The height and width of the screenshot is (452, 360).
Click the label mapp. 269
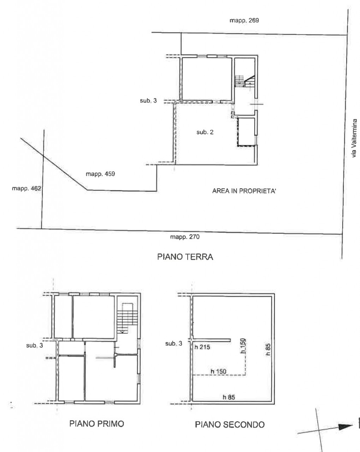tap(244, 20)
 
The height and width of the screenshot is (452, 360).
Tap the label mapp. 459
tap(100, 174)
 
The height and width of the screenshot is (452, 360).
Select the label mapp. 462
tap(26, 189)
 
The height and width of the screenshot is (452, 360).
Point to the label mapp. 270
tap(185, 237)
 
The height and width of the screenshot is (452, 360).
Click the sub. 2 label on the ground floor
tap(205, 132)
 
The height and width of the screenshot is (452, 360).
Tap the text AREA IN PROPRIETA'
tap(244, 191)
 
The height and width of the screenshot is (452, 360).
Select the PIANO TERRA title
tap(185, 257)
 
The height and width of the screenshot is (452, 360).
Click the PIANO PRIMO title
tap(97, 424)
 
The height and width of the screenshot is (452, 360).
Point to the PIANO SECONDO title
tap(230, 424)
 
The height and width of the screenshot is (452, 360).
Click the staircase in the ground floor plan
tap(245, 81)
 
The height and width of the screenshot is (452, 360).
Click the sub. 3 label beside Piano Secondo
tap(173, 344)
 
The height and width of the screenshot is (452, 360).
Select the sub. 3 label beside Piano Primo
tap(35, 345)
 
